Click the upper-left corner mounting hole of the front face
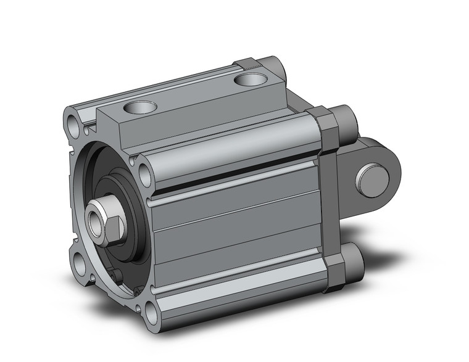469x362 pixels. coord(75,123)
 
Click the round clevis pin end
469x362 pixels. coord(372,180)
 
